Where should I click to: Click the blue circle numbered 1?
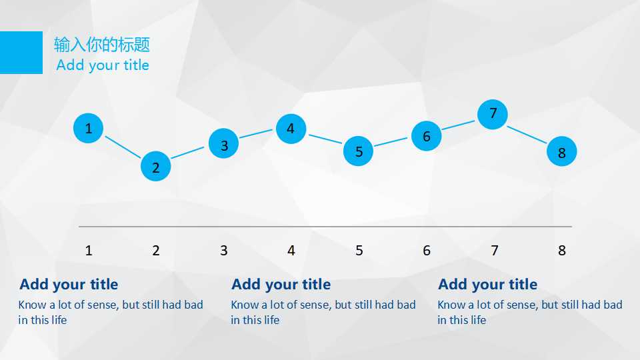[88, 128]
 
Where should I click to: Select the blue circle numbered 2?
[155, 166]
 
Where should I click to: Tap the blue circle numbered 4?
[291, 129]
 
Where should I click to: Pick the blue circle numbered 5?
[358, 151]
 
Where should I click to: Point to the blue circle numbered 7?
[493, 114]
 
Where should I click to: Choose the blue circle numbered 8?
[561, 151]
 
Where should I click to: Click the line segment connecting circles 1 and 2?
[123, 147]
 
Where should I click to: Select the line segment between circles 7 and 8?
[527, 135]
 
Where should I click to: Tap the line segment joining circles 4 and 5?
[325, 139]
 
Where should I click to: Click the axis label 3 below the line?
[224, 250]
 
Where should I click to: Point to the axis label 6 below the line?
[427, 250]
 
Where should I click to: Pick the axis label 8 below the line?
[561, 250]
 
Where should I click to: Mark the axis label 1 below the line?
[89, 250]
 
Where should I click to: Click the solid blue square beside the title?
[21, 53]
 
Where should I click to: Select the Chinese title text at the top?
[102, 45]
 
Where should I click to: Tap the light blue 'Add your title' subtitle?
[103, 65]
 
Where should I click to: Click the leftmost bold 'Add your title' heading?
[69, 285]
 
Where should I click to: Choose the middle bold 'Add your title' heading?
[281, 285]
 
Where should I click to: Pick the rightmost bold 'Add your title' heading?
[488, 285]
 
